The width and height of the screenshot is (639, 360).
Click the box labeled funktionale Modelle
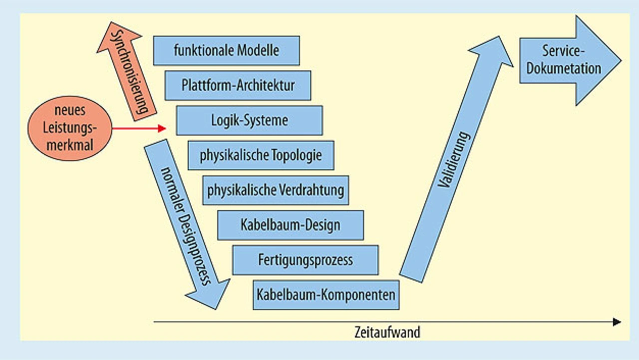pos(226,50)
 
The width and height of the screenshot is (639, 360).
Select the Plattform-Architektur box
pos(238,85)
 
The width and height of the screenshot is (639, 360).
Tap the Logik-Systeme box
pos(249,120)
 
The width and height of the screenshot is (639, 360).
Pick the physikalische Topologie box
pos(261,155)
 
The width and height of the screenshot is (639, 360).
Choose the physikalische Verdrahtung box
pos(275,190)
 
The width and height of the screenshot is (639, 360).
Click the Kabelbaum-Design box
pos(290,225)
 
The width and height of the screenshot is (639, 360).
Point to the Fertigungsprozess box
pos(305,260)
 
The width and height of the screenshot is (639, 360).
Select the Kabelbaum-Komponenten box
pos(326,295)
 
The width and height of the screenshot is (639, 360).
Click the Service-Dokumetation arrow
pos(570,60)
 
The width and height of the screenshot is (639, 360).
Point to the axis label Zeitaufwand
pos(387,333)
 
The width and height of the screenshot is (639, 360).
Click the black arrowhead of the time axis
pos(617,322)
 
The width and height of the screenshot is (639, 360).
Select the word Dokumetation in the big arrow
pos(564,68)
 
